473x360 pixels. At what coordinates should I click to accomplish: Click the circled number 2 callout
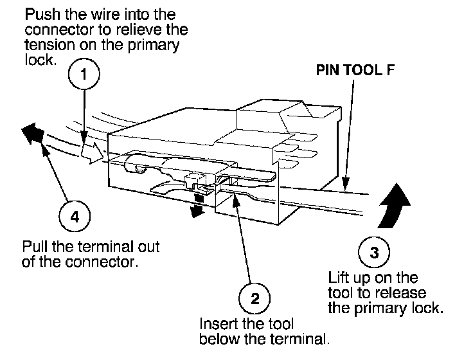click(254, 298)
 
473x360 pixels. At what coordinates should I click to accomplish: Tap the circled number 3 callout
click(375, 251)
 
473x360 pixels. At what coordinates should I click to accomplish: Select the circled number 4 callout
click(75, 217)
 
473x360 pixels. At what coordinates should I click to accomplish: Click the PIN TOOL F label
click(355, 71)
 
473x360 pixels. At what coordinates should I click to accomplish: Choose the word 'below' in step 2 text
click(215, 338)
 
